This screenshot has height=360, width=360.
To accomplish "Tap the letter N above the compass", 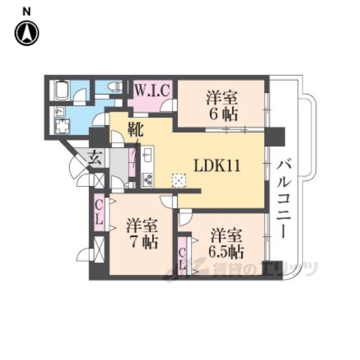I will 26,10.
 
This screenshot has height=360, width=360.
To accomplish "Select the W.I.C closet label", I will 151,90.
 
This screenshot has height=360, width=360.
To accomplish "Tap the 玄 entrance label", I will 94,159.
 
